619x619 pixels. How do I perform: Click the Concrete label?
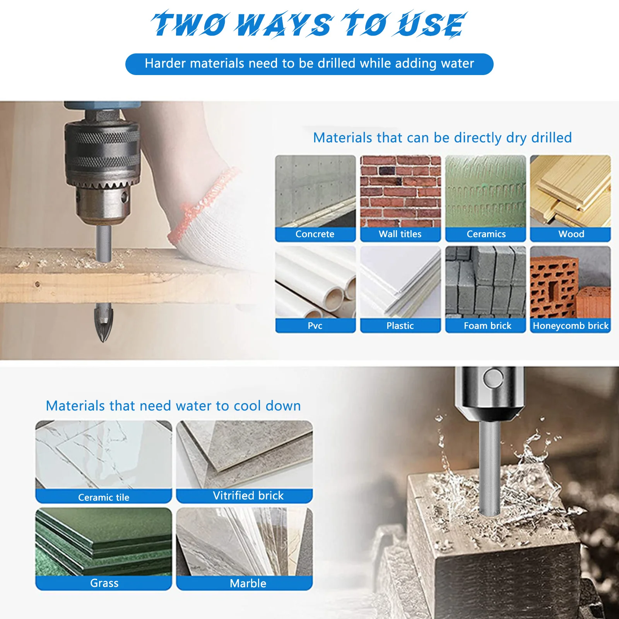click(315, 234)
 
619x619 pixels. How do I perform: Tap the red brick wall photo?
click(400, 191)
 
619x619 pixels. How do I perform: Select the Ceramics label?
click(486, 234)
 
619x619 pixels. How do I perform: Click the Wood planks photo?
click(570, 191)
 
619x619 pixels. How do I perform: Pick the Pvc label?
click(315, 326)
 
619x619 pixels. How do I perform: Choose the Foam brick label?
click(487, 326)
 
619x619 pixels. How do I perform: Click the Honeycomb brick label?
click(570, 326)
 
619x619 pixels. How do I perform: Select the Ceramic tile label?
click(103, 497)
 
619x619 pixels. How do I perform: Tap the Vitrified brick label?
click(248, 496)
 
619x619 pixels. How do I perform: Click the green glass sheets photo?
click(103, 542)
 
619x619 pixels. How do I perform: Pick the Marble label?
click(248, 583)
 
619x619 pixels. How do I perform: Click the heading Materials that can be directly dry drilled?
click(442, 138)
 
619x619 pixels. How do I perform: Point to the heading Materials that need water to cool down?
click(173, 406)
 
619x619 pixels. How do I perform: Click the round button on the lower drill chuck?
click(493, 378)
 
